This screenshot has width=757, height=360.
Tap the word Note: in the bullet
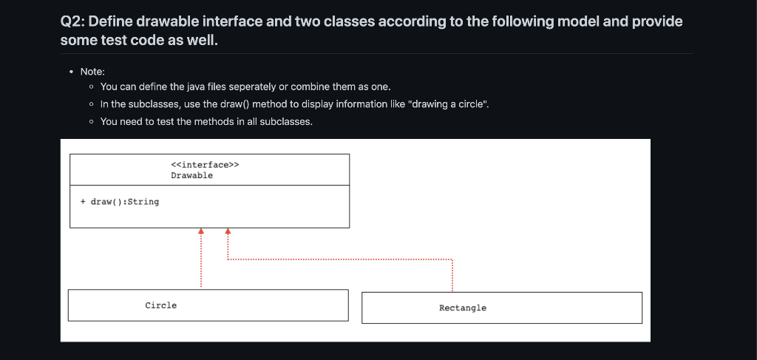tap(92, 72)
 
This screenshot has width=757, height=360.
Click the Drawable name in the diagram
tap(191, 175)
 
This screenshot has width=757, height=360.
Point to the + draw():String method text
tap(120, 201)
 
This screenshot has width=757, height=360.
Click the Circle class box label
tap(161, 305)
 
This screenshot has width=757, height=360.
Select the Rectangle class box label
tap(463, 308)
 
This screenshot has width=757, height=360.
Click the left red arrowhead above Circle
tap(200, 231)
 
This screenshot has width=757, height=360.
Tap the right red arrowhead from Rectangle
tap(228, 231)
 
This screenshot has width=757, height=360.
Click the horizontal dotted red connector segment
tap(340, 259)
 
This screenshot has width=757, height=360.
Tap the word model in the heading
tap(574, 21)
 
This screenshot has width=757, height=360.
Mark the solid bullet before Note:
tap(70, 72)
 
